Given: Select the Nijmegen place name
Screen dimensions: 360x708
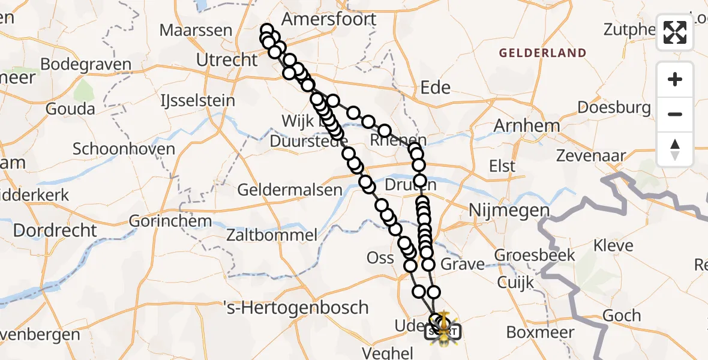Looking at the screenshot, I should pyautogui.click(x=508, y=211).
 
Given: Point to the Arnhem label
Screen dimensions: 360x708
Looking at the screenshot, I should pyautogui.click(x=526, y=126).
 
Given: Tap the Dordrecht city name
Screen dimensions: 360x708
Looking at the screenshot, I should pyautogui.click(x=55, y=230).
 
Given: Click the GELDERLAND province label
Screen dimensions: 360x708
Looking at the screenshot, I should pyautogui.click(x=543, y=53).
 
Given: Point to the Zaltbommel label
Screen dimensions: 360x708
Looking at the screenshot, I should pyautogui.click(x=271, y=235).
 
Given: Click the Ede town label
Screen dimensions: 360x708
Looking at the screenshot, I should pyautogui.click(x=436, y=88).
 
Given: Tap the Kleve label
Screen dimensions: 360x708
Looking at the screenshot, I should pyautogui.click(x=613, y=245).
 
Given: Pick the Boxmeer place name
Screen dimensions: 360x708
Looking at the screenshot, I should pyautogui.click(x=540, y=332).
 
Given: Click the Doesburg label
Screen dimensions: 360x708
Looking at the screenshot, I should pyautogui.click(x=614, y=108).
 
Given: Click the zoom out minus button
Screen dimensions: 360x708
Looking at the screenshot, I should pyautogui.click(x=675, y=114).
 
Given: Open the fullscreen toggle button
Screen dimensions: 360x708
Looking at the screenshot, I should pyautogui.click(x=675, y=32).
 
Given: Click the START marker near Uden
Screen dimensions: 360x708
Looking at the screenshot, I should pyautogui.click(x=443, y=331).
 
